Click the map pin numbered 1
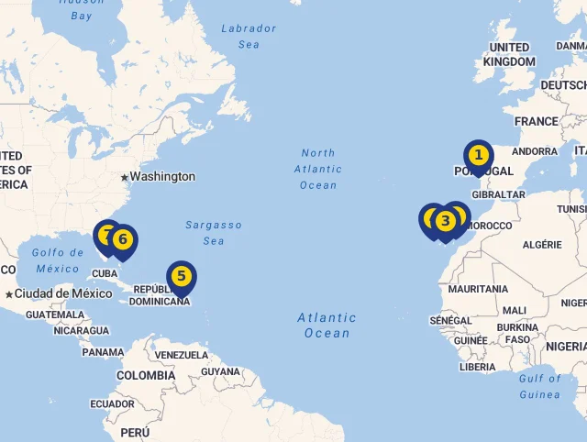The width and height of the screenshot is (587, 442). coord(478,156)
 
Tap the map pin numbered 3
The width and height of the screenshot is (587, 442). coord(445,221)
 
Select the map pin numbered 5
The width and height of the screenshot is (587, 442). coord(182,275)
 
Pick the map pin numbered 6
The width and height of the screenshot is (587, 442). coord(122,241)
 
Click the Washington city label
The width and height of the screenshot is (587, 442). coord(162,176)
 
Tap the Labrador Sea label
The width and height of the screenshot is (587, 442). coord(249,36)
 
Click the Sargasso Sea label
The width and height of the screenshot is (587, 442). coord(214,233)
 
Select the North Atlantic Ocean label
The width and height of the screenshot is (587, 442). coord(318,169)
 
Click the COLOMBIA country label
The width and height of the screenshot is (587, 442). coord(145,375)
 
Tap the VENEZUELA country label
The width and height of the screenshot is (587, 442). coord(182,355)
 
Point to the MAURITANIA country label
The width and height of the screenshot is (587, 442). coord(478,289)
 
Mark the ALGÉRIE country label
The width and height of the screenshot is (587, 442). coord(542,245)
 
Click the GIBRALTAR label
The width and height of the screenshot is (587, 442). coord(499,194)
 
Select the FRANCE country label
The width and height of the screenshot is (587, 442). coord(536,121)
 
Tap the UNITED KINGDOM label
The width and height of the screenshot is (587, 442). coord(509,54)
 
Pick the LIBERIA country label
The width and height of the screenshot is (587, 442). coord(477,367)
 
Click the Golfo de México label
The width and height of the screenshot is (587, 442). coord(58,260)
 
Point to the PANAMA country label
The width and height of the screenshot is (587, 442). coord(103,351)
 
